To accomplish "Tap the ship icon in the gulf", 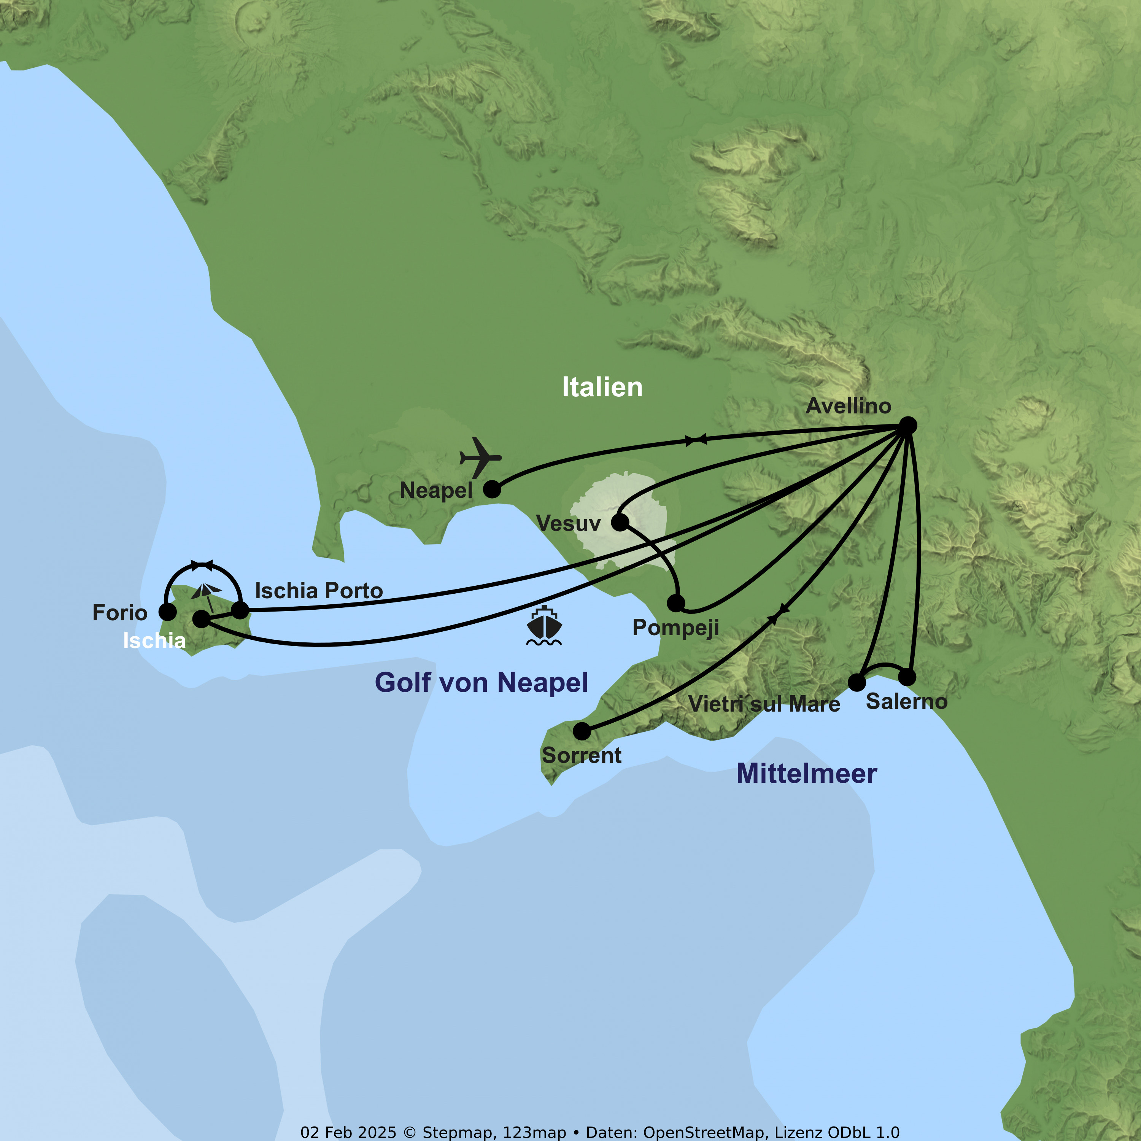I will pos(544,625).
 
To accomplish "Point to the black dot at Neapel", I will pos(492,489).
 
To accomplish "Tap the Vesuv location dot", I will pos(620,522).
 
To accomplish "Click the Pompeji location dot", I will pos(675,603).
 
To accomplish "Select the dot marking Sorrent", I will pos(582,731).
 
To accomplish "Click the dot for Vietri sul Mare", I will pos(857,682).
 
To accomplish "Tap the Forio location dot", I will pos(168,612).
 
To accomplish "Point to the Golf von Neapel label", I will pos(482,683).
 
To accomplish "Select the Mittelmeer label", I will pos(806,774).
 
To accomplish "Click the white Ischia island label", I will pos(154,641).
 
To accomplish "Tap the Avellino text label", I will pos(848,406).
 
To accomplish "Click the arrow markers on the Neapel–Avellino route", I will pos(696,439).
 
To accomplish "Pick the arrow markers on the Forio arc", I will pos(202,565).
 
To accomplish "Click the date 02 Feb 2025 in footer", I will pos(348,1132).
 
